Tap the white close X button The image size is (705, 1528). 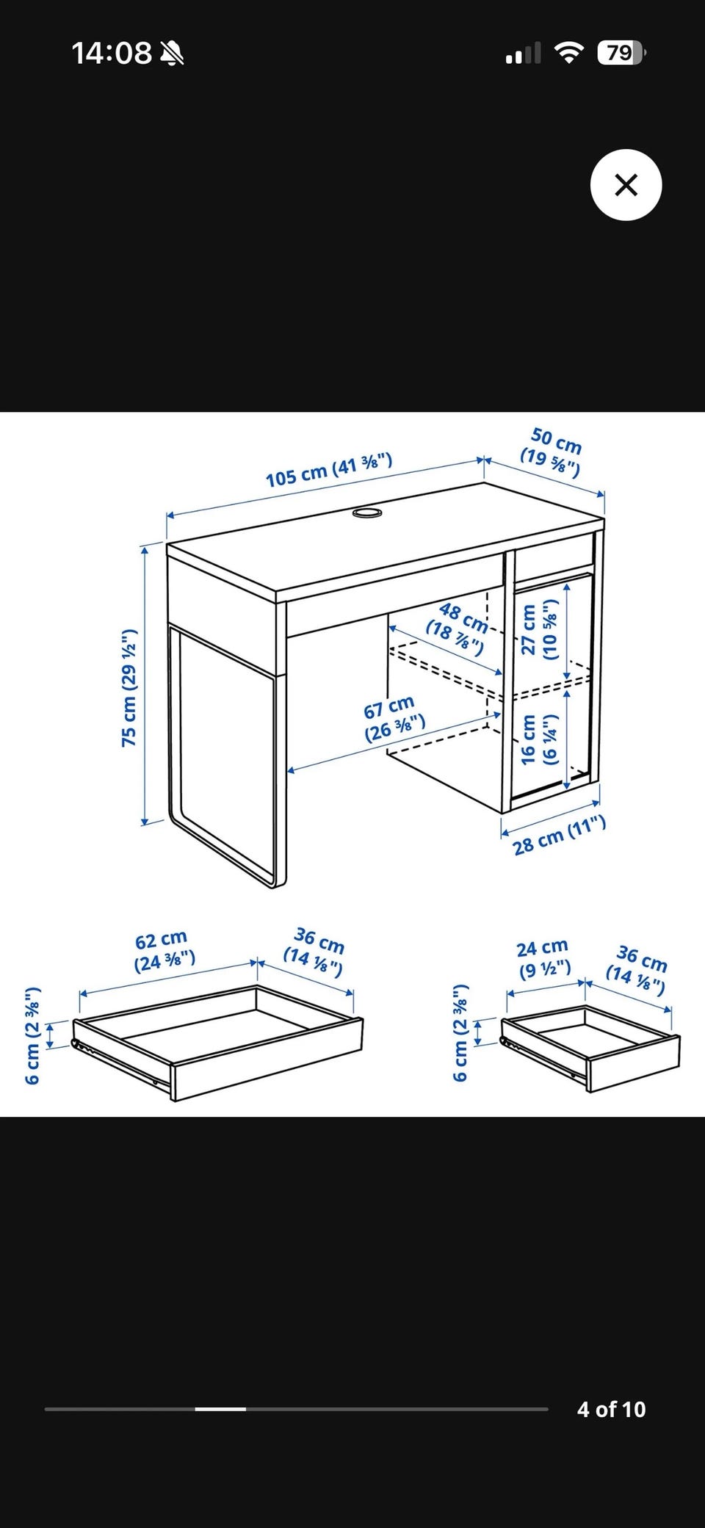626,185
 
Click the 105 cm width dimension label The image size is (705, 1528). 329,471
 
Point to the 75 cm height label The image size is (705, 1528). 129,688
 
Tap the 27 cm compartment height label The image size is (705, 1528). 539,630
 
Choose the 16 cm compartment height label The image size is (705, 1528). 539,740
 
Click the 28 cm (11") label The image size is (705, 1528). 560,836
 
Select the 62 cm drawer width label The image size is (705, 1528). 164,951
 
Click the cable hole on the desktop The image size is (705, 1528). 367,512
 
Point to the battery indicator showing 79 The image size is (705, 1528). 621,53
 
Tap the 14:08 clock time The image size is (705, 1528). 112,53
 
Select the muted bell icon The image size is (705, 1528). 173,53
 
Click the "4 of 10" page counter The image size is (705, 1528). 611,1409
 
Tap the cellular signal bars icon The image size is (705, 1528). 523,53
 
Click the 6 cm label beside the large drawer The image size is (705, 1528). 32,1036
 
